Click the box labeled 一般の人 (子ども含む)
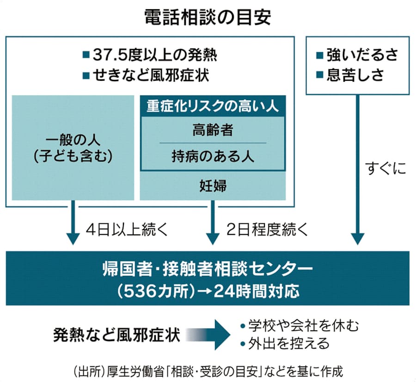coord(73,148)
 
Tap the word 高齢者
coord(213,130)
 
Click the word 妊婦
coord(213,186)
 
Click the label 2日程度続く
coord(267,229)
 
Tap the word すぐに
coord(385,169)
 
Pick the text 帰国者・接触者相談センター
coord(207,270)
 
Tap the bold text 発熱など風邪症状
coord(116,334)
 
